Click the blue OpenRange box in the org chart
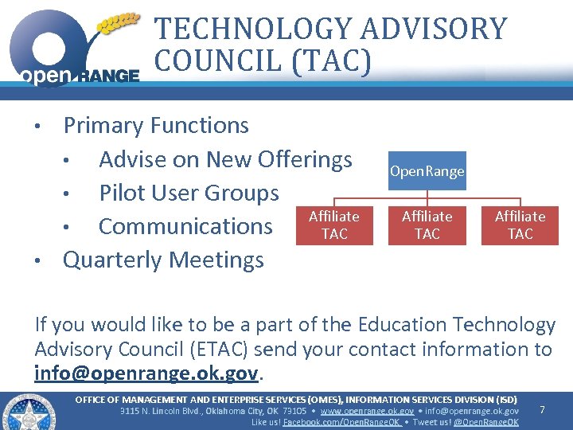point(427,171)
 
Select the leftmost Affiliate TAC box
point(333,225)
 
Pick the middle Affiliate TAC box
point(427,225)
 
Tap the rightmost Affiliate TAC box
point(520,225)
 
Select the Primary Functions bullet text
point(156,126)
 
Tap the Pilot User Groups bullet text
point(189,193)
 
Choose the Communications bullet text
point(185,226)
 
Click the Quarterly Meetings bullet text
point(163,260)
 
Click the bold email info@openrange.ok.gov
point(146,373)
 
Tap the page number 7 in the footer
point(542,409)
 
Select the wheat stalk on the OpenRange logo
point(118,21)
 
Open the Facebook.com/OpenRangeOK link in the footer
point(342,422)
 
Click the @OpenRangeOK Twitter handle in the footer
point(485,422)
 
